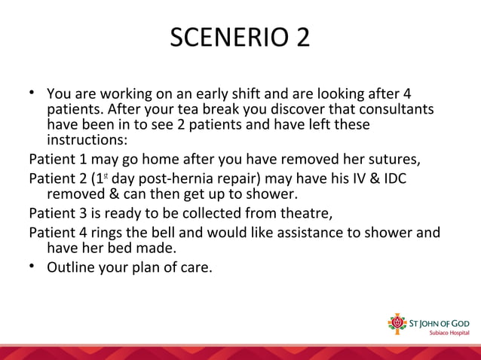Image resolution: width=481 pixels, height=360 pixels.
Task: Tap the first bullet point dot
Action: [x=33, y=93]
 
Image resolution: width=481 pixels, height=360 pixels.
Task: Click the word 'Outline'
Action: [x=72, y=266]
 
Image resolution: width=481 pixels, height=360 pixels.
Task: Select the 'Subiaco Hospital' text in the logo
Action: [x=448, y=332]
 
